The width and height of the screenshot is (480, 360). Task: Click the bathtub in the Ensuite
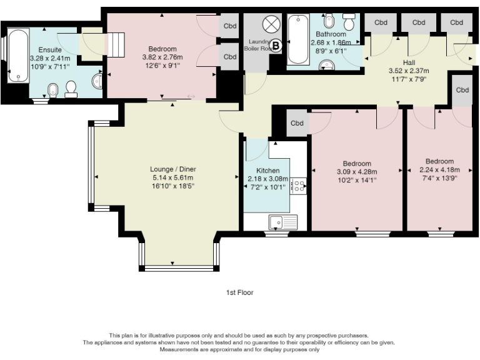(19, 56)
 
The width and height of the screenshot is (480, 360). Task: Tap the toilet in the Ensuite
(71, 90)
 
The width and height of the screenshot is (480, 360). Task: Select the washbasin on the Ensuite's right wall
(97, 81)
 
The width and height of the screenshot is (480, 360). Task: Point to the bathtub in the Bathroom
(297, 40)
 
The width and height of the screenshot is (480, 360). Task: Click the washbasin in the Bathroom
(326, 64)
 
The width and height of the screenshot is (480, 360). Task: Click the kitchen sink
(283, 220)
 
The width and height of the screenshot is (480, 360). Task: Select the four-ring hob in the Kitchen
(298, 186)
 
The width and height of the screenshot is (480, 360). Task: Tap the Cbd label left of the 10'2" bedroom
(297, 123)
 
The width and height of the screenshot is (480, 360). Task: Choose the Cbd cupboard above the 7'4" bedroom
(462, 90)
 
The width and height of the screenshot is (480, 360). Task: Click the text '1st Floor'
(240, 292)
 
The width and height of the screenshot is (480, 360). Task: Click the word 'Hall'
(409, 62)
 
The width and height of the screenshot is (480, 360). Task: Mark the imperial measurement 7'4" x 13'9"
(439, 177)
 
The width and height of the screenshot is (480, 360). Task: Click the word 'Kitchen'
(267, 171)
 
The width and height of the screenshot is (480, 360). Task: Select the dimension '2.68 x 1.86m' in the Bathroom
(331, 42)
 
